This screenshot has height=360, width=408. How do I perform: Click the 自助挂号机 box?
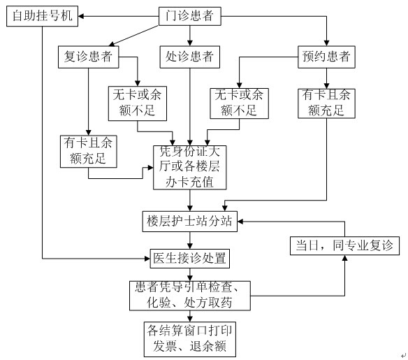(42, 16)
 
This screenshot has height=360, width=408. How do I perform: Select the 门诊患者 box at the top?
(190, 16)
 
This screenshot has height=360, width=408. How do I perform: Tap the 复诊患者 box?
(89, 57)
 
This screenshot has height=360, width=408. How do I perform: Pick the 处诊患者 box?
(190, 57)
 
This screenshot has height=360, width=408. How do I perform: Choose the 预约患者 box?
(326, 57)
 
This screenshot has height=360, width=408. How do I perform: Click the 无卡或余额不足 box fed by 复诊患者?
(138, 103)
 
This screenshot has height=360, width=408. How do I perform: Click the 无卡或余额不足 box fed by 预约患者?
(240, 103)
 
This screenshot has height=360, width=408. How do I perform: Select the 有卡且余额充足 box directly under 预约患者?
(326, 103)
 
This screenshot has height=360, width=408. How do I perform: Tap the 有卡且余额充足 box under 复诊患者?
(89, 152)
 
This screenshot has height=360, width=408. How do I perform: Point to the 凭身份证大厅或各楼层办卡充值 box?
(190, 167)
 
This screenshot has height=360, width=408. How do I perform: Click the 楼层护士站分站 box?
(190, 222)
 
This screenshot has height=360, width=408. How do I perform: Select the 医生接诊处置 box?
(190, 259)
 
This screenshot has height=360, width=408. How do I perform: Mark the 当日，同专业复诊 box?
(344, 246)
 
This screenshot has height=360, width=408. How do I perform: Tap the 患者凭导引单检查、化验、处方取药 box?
(190, 296)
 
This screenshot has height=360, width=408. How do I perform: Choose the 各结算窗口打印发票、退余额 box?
(190, 339)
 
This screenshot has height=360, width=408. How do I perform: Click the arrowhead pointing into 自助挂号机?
(81, 16)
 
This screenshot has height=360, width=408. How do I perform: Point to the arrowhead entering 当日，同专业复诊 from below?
(344, 258)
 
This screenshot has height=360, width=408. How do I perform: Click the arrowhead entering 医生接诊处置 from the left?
(147, 259)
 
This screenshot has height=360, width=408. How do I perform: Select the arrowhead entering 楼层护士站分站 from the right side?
(240, 222)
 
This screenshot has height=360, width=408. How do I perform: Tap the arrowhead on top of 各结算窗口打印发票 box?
(190, 319)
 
